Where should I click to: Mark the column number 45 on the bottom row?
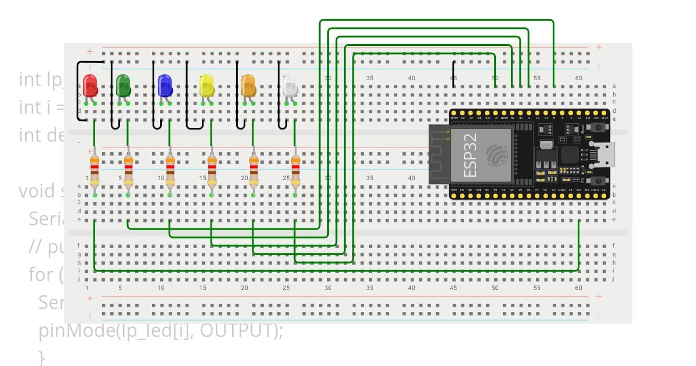(x=454, y=288)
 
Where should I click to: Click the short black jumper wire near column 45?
(x=454, y=74)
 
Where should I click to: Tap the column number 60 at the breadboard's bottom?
(x=578, y=288)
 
